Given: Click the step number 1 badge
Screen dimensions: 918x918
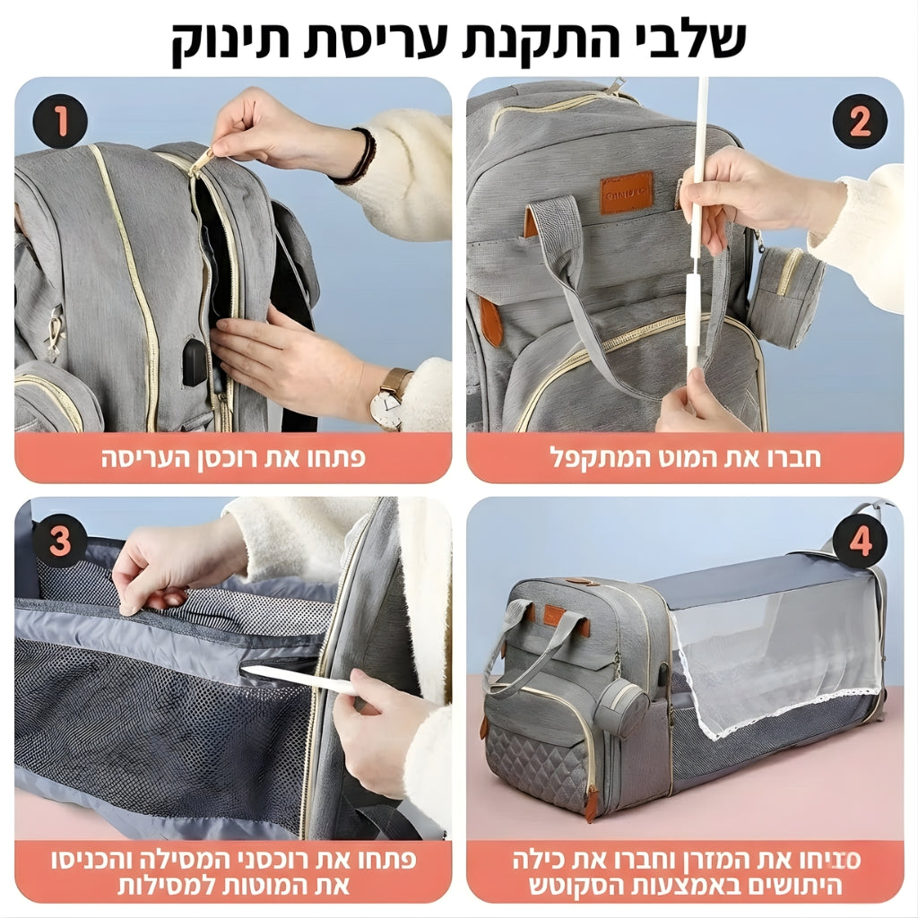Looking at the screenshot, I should [x=60, y=121].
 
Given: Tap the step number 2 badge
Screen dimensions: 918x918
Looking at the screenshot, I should [x=859, y=121].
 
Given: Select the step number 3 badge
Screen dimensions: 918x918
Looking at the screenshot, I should [x=60, y=541].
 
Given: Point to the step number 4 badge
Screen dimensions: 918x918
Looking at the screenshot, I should [x=859, y=541].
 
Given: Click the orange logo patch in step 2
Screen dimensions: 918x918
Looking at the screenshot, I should [x=626, y=192].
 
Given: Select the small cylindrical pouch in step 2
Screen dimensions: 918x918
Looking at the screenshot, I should [x=787, y=295].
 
